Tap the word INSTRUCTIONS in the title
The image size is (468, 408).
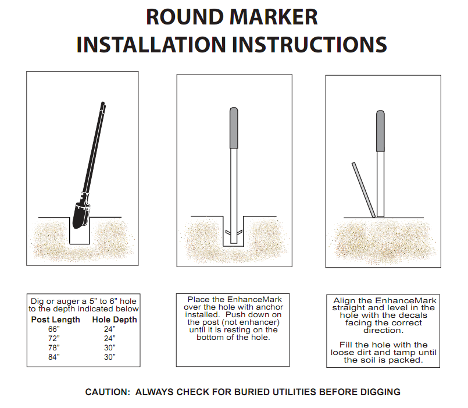[309, 45]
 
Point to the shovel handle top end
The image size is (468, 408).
[103, 103]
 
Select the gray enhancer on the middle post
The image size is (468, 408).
[234, 127]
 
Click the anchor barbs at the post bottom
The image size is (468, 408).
[234, 233]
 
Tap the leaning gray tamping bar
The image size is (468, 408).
[363, 190]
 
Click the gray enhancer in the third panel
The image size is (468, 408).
[380, 131]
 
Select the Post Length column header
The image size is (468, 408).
[55, 320]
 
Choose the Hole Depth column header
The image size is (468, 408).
[115, 320]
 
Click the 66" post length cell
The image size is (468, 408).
[53, 329]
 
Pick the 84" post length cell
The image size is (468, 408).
[53, 357]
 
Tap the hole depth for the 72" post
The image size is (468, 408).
[109, 338]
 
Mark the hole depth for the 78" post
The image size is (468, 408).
[109, 347]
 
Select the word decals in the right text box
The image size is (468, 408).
[414, 315]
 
